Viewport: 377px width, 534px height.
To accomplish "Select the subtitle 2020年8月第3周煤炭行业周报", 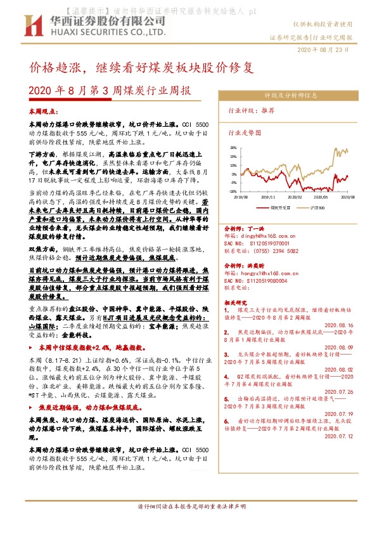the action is click(110, 90).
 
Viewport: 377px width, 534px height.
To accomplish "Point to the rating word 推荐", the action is click(268, 110).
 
